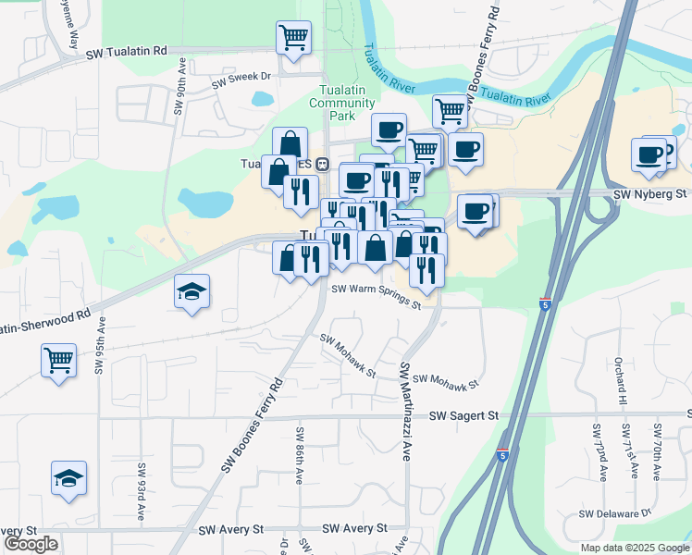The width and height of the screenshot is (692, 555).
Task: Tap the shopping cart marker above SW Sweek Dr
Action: click(x=293, y=39)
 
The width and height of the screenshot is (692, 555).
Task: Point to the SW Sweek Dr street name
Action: click(x=240, y=81)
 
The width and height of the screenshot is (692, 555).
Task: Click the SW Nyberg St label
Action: click(x=651, y=194)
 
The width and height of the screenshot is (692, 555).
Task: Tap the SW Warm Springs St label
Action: click(x=377, y=297)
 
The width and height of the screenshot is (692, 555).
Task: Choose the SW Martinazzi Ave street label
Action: click(x=405, y=411)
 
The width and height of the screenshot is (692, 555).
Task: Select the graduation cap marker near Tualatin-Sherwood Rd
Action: click(x=192, y=292)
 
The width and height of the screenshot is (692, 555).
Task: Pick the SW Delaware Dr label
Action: click(x=615, y=512)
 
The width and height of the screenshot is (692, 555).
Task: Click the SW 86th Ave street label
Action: click(x=300, y=456)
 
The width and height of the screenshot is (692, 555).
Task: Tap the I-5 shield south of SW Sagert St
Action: click(x=501, y=455)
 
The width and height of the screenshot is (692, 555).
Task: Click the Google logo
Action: click(x=31, y=544)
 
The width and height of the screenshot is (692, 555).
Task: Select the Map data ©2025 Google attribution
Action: click(x=634, y=548)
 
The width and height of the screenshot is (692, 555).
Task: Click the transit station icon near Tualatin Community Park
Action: click(x=323, y=165)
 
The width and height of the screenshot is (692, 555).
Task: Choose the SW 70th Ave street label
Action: click(x=657, y=452)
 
